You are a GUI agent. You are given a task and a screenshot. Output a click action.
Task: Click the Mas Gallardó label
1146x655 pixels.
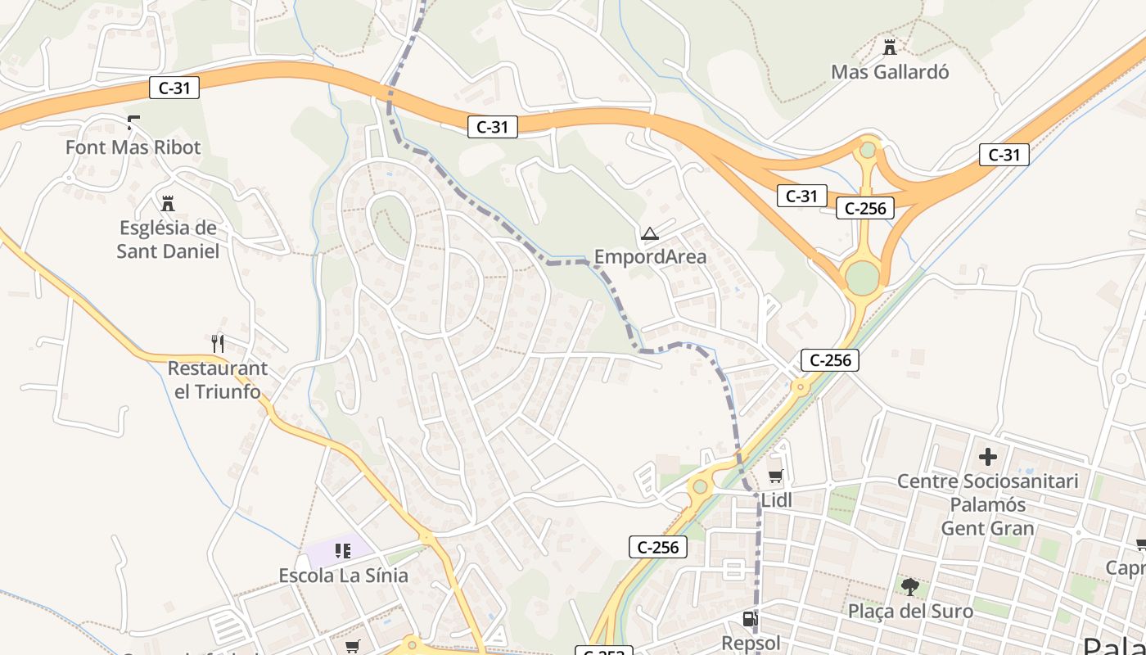tap(890, 72)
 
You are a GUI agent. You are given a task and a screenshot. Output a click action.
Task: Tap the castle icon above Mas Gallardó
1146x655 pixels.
tap(890, 47)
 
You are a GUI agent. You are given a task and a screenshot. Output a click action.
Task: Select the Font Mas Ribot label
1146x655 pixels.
tap(133, 147)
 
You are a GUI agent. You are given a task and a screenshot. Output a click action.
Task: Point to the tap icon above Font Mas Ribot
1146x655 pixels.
tap(133, 123)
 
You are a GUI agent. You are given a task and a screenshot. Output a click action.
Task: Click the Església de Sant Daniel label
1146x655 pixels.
tap(168, 239)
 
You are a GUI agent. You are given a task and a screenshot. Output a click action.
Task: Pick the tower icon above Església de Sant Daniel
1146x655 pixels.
tap(168, 203)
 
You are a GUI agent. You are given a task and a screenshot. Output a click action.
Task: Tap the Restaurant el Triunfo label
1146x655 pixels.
tap(217, 380)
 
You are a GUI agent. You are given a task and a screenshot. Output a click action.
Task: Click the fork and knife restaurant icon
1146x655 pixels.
tap(217, 343)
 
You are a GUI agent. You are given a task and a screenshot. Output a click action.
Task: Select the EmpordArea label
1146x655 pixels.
tap(650, 257)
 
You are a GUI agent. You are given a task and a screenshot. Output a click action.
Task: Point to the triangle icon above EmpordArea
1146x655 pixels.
tap(650, 234)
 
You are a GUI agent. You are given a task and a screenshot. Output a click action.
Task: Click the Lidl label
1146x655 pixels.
tap(777, 500)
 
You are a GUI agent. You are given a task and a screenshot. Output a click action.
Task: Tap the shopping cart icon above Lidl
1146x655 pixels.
tap(775, 476)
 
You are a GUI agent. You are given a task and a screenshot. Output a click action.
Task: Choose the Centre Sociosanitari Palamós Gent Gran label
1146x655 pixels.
tap(988, 504)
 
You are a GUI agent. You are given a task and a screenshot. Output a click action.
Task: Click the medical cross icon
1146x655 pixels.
tap(988, 457)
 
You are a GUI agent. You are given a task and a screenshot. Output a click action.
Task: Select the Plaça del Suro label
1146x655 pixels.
tap(910, 612)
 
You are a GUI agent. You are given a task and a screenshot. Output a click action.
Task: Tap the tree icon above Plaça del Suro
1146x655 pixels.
tap(909, 586)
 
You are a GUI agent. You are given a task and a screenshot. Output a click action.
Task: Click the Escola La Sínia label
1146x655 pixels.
tap(343, 576)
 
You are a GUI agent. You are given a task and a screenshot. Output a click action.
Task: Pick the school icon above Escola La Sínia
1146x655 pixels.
tap(343, 551)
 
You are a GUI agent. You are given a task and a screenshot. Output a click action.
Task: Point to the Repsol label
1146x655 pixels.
tap(751, 643)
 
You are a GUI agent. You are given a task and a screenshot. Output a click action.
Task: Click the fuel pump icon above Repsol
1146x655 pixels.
tap(750, 620)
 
